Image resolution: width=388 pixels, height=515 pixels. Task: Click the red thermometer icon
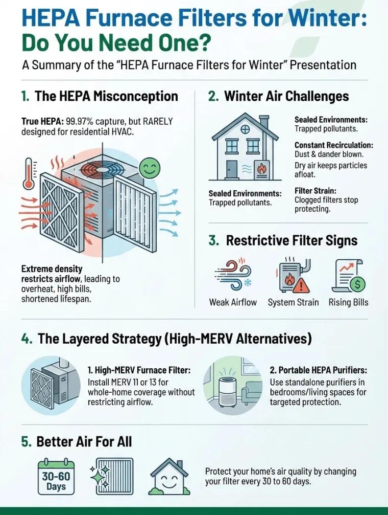[x=30, y=180]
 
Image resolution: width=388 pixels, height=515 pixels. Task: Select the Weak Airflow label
[x=233, y=302]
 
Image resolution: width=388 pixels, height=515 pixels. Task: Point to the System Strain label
[x=293, y=302]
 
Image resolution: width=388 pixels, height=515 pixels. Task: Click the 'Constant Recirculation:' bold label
[x=334, y=146]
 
